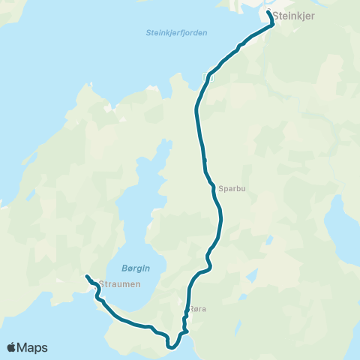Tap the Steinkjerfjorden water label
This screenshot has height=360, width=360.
(176, 33)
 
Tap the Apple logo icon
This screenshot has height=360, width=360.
(12, 347)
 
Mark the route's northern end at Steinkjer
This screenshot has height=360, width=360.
(268, 12)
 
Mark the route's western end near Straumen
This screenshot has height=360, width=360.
(87, 276)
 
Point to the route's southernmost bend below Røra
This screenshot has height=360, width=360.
(172, 347)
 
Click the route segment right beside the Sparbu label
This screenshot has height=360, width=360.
(213, 188)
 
